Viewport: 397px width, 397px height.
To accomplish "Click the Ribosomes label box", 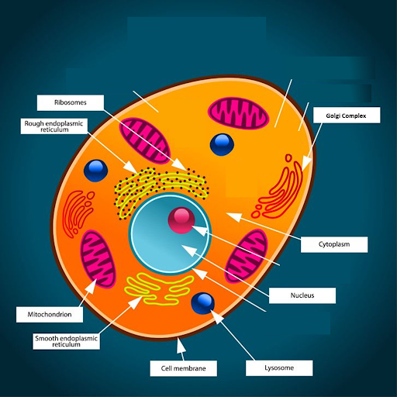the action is point(71,102).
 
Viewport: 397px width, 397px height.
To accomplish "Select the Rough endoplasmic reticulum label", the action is point(54,126).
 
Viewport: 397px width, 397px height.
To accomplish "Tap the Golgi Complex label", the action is point(347,116).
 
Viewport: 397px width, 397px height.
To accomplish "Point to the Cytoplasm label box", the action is point(334,244).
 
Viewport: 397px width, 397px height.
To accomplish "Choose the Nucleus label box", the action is point(302,295).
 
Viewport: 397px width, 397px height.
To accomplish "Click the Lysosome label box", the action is point(279,368).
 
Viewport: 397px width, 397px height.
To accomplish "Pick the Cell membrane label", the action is point(184,368).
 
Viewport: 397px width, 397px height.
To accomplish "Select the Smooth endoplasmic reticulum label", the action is point(66,341).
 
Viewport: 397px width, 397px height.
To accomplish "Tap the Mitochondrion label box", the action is point(50,315).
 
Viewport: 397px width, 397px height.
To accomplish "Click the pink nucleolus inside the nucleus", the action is point(181,220).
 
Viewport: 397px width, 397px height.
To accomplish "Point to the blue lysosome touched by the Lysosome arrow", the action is point(203,303).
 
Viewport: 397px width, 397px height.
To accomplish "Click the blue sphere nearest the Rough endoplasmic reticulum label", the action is point(95,171).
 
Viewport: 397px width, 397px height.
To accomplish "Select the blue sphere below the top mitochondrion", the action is point(222,145).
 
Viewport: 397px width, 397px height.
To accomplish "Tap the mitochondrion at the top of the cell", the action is point(239,113).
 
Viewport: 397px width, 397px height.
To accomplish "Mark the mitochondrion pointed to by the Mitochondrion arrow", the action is point(98,259).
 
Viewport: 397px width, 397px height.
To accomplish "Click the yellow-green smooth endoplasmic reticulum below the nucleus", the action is point(159,288).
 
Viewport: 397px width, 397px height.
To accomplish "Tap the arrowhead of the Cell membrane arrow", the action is point(180,345).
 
